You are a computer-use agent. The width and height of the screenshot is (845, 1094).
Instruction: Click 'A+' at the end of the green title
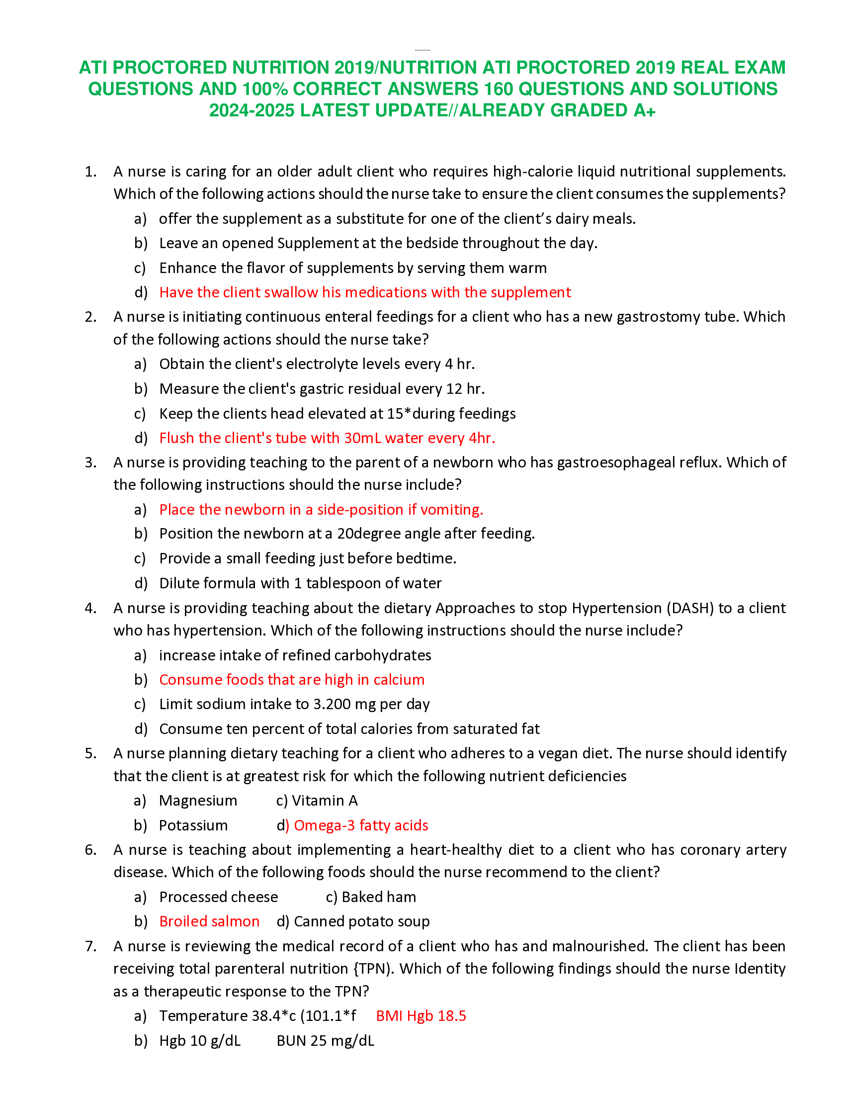(644, 110)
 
